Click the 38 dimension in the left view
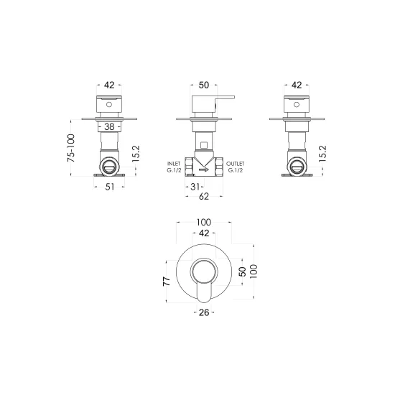click(109, 126)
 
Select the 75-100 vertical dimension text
click(71, 148)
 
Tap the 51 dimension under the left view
click(110, 187)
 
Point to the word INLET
click(174, 164)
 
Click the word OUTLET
click(236, 164)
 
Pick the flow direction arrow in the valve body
click(204, 169)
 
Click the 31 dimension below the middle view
click(195, 187)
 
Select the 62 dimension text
click(204, 197)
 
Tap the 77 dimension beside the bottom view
click(167, 281)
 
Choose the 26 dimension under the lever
click(204, 312)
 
